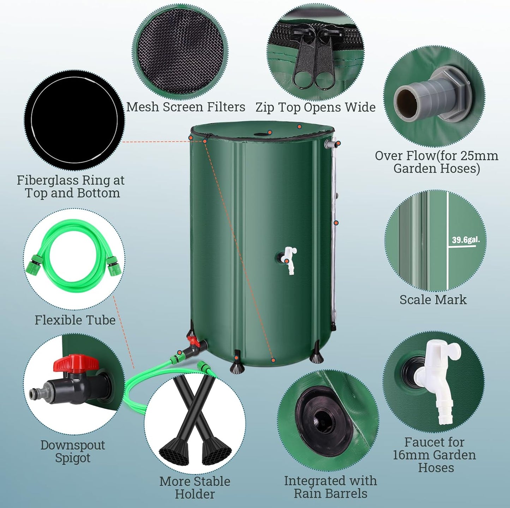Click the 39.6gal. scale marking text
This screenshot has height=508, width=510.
(x=466, y=240)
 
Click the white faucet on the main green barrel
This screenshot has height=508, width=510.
(x=290, y=260)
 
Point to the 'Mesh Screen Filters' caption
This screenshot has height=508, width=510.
(x=186, y=107)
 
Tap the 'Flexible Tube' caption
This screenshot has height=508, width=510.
(x=75, y=320)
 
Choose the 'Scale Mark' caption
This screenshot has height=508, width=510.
(x=433, y=300)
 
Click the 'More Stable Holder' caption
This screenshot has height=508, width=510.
(x=194, y=488)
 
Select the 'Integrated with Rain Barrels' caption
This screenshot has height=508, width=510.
(x=330, y=487)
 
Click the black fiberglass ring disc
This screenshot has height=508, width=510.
(x=74, y=120)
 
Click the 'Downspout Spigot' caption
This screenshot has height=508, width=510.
(x=73, y=452)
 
